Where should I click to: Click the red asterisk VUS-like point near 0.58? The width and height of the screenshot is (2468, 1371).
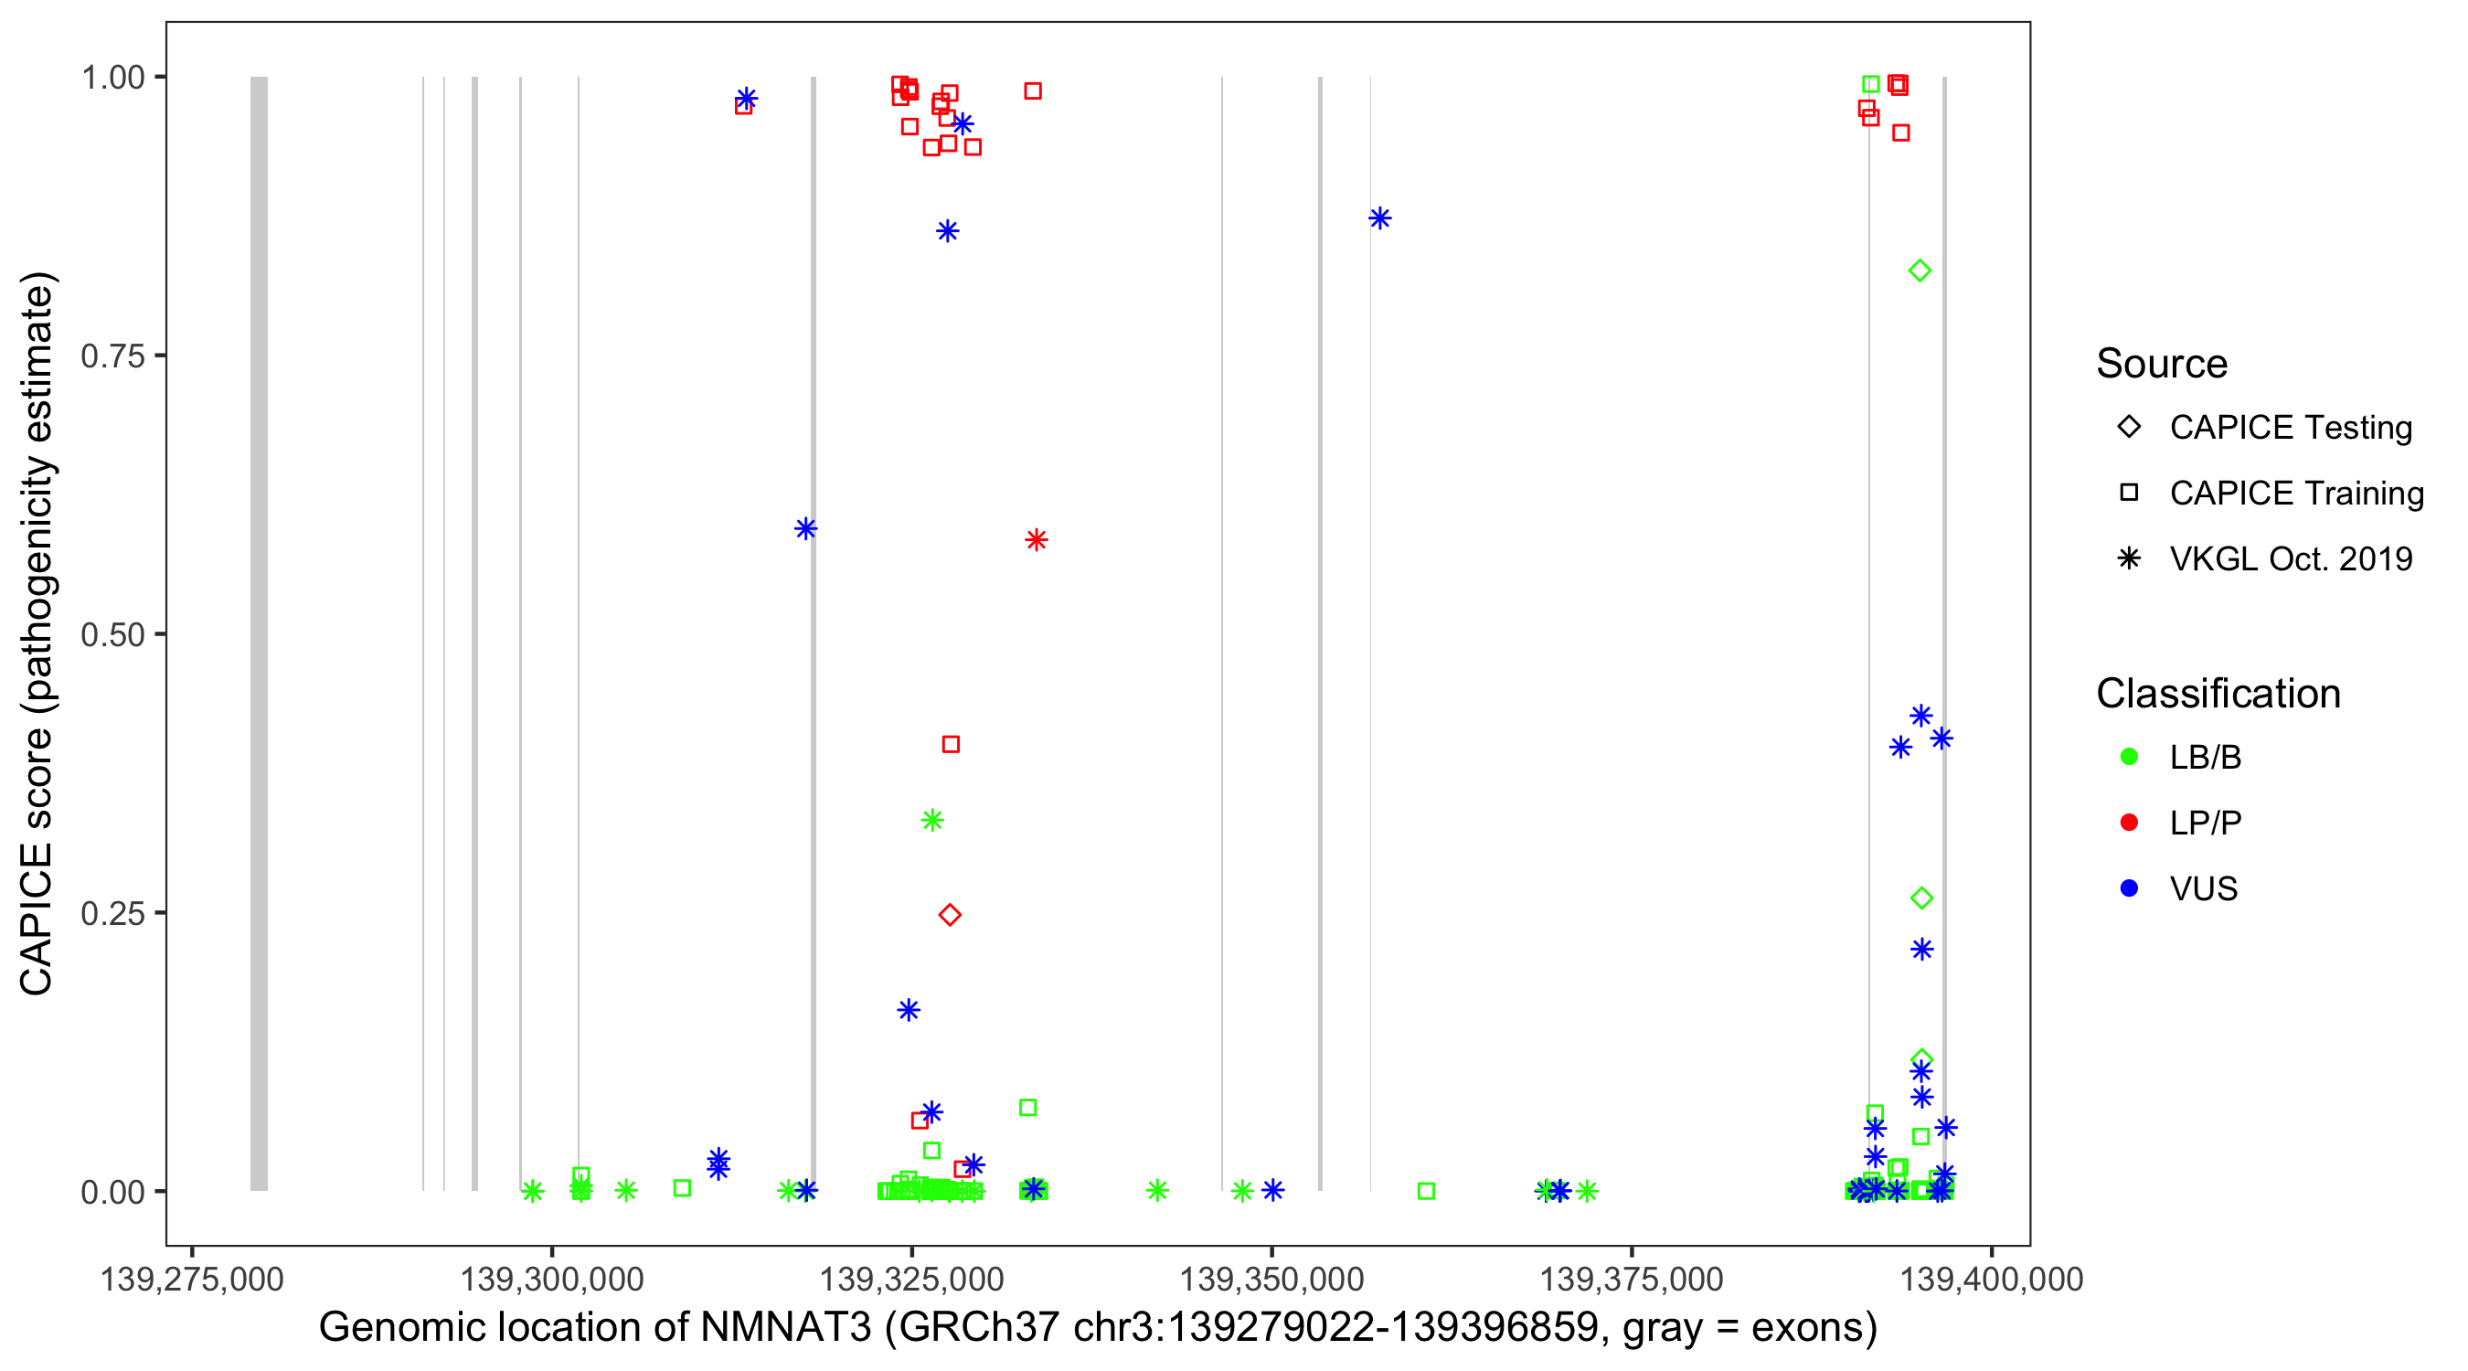[x=1036, y=540]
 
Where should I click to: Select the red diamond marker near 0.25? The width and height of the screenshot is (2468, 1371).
[x=950, y=915]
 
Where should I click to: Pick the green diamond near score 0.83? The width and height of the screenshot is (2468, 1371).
[x=1919, y=271]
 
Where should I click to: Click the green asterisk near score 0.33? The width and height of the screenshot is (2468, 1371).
[x=932, y=820]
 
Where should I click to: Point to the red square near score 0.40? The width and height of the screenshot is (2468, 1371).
[x=951, y=744]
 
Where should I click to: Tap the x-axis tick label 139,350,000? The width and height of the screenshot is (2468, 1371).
[x=1271, y=1279]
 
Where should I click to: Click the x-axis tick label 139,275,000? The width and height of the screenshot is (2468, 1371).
[x=192, y=1279]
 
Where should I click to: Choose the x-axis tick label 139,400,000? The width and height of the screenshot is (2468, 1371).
[x=1991, y=1279]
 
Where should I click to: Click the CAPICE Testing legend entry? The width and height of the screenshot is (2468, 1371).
[x=2290, y=428]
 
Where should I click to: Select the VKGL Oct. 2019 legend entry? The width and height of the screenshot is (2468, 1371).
[x=2290, y=558]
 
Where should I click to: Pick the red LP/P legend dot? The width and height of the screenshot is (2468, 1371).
[x=2129, y=823]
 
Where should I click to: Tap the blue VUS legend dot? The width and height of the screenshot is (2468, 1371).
[x=2129, y=888]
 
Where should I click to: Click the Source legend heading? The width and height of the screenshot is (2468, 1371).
[x=2162, y=364]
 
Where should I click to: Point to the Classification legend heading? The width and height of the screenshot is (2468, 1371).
[x=2218, y=694]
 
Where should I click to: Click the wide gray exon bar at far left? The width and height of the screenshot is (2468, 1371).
[x=259, y=632]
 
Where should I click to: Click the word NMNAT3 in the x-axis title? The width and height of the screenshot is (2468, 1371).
[x=785, y=1328]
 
